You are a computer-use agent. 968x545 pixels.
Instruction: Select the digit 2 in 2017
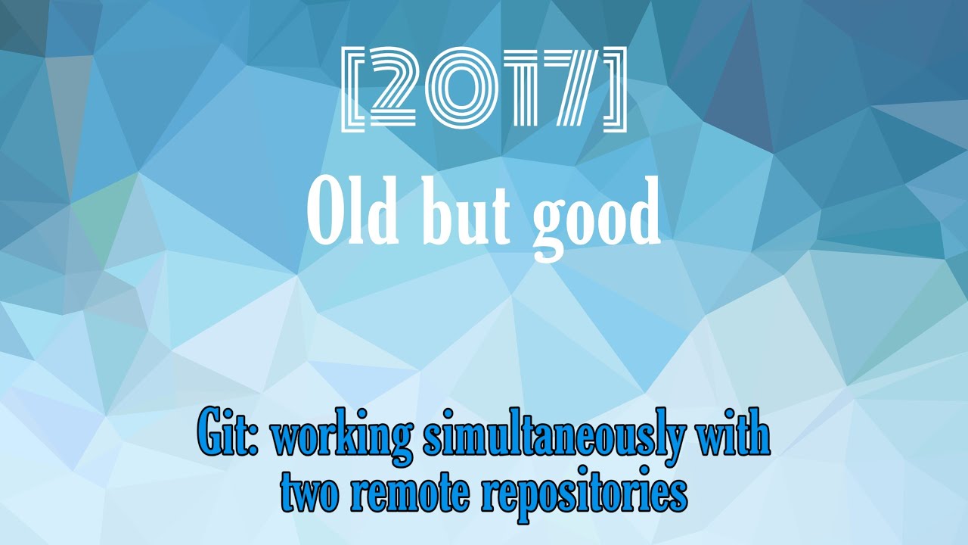[399, 89]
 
